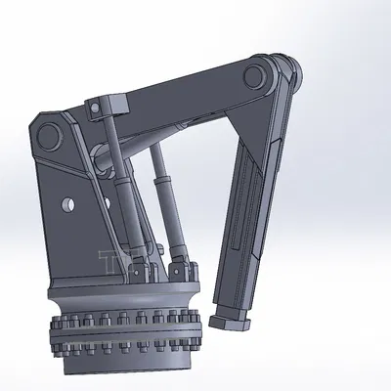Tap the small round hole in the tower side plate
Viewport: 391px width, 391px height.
67,204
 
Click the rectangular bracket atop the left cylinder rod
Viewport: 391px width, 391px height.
104,104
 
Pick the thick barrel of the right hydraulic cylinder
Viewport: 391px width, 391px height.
172,220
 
